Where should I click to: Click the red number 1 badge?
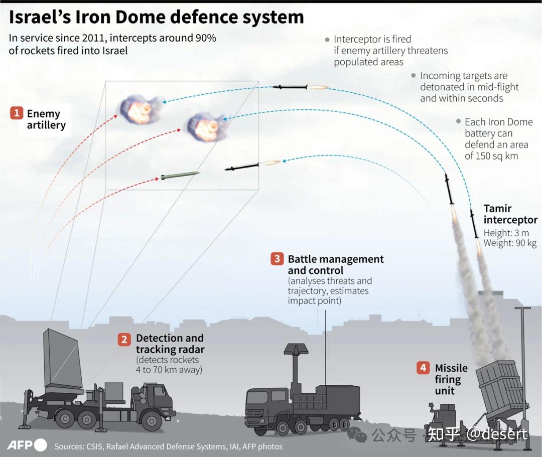tap(17, 113)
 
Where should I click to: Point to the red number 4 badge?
tap(423, 368)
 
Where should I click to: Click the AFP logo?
tap(27, 445)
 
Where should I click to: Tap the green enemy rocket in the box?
tap(180, 176)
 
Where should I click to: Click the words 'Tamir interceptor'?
tap(510, 214)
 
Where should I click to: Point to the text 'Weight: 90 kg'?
tap(510, 243)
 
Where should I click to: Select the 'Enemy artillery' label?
tap(46, 119)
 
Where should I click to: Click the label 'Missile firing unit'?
tap(451, 379)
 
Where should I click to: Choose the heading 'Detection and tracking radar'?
tap(170, 344)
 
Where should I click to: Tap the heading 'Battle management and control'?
tap(335, 265)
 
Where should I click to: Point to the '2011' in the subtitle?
tap(93, 39)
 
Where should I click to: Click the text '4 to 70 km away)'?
tap(169, 370)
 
